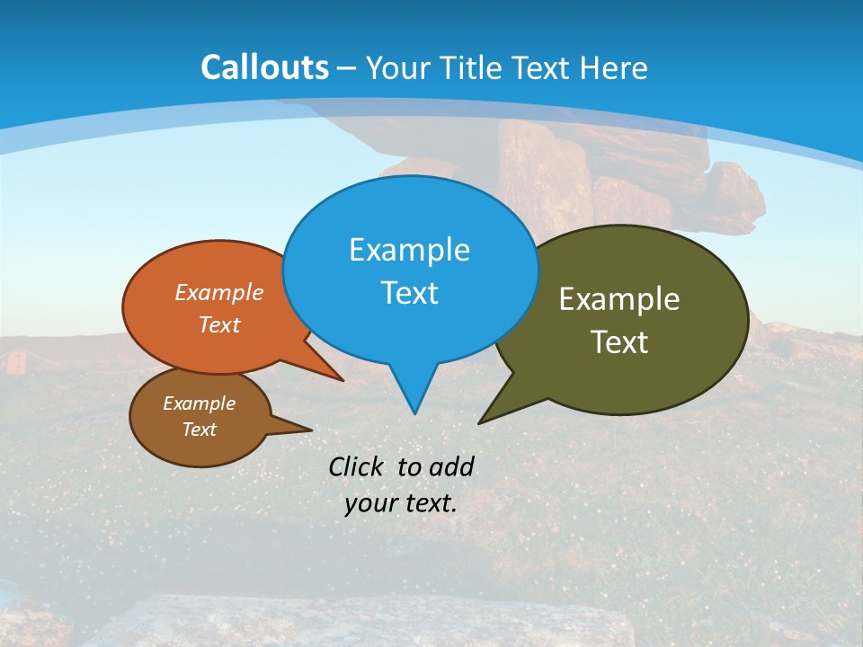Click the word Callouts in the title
click(264, 67)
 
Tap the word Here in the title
click(613, 67)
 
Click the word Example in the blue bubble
click(409, 250)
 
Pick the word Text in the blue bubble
click(409, 293)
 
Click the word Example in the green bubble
click(619, 299)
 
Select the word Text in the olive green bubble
click(619, 342)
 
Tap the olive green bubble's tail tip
click(480, 422)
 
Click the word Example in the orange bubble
click(218, 292)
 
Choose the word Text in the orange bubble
click(218, 324)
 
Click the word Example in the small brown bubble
click(199, 403)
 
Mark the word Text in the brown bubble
click(199, 430)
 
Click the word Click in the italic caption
click(358, 466)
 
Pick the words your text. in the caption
click(401, 503)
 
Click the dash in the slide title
click(346, 68)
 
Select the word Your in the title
click(392, 67)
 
